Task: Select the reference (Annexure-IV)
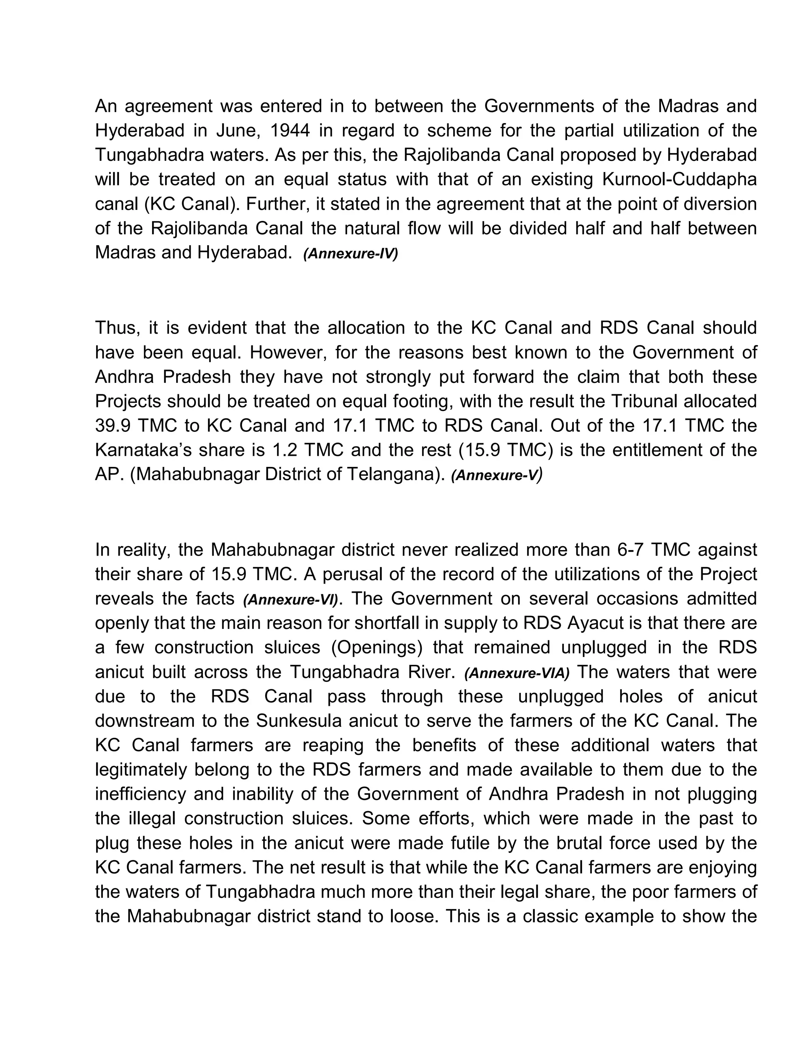[350, 254]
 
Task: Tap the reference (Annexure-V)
[497, 475]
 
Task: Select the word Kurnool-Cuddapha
[680, 179]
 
